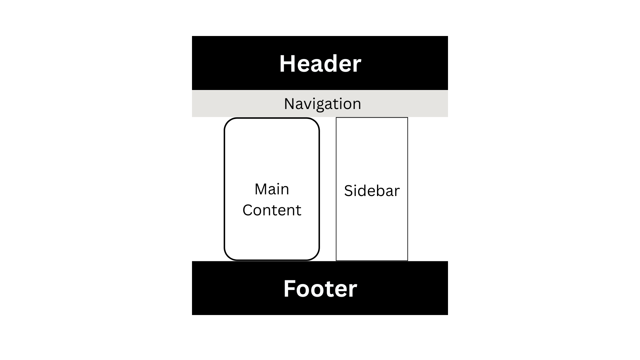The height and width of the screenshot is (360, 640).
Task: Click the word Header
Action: click(320, 63)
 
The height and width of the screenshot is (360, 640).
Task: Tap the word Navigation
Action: click(322, 104)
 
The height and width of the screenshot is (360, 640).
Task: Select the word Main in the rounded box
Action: click(272, 189)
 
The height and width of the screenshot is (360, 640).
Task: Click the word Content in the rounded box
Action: click(272, 210)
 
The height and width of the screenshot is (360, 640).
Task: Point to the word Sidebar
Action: click(372, 191)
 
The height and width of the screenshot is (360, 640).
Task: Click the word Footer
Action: click(320, 289)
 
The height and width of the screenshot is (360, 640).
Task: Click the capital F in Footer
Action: click(289, 289)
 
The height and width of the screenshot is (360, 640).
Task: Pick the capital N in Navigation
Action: click(289, 104)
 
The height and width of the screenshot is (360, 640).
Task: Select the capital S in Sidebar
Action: click(348, 191)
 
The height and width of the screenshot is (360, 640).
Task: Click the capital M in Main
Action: click(261, 189)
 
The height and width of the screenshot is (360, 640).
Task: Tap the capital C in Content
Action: click(248, 210)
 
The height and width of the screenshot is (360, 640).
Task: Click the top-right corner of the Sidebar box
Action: click(407, 118)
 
